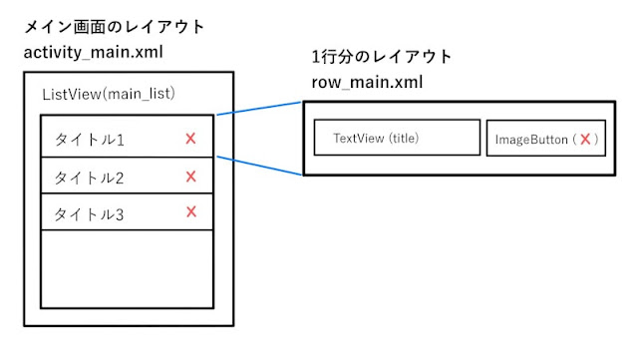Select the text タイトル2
pyautogui.click(x=90, y=178)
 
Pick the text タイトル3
pyautogui.click(x=90, y=213)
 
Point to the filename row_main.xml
pyautogui.click(x=366, y=83)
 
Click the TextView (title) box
pyautogui.click(x=397, y=139)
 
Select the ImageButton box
pyautogui.click(x=545, y=140)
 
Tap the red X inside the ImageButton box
pyautogui.click(x=586, y=140)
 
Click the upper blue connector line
pyautogui.click(x=259, y=108)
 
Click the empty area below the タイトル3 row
pyautogui.click(x=127, y=269)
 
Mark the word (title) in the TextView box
pyautogui.click(x=403, y=139)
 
